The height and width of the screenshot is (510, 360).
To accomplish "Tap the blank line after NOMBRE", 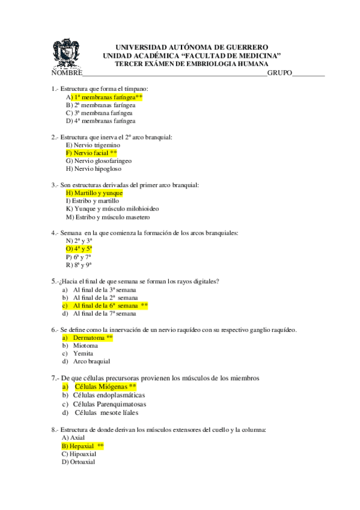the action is click(174, 73).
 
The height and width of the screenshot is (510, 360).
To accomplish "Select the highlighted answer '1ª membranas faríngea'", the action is click(106, 97).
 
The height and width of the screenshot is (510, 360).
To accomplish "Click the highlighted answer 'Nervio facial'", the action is click(91, 153).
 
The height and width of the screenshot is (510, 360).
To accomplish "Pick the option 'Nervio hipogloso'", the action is click(96, 168).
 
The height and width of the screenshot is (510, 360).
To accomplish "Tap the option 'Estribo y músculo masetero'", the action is click(108, 217).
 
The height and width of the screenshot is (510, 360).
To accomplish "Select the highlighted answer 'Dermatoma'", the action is click(93, 338).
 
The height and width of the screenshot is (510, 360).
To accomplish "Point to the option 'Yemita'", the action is click(84, 354).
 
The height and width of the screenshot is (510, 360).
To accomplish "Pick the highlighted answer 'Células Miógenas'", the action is click(105, 386).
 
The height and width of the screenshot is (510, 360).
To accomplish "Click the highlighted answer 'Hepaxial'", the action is click(83, 446).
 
